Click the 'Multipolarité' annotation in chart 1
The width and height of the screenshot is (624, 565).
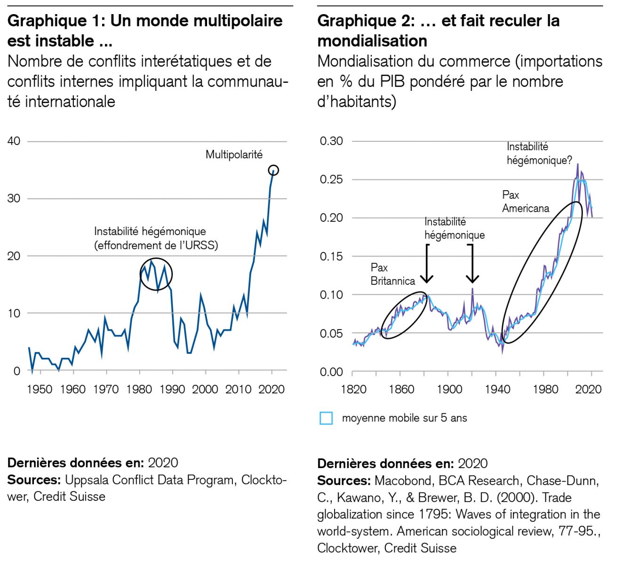234,154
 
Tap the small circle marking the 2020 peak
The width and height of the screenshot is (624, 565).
273,170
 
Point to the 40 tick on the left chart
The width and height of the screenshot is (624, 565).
14,141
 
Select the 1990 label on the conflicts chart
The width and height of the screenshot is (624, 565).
172,389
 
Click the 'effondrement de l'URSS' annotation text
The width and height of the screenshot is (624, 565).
156,245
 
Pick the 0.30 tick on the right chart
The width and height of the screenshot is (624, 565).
331,141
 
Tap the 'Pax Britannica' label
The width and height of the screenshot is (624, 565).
392,274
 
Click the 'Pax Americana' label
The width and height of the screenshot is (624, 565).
525,202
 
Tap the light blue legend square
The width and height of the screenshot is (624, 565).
326,418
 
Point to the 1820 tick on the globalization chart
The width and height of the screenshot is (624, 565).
353,389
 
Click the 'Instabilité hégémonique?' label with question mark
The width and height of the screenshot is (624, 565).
539,153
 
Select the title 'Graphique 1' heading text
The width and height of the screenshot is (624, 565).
56,21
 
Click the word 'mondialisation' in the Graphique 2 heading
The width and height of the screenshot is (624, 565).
372,41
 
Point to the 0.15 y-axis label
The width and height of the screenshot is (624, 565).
331,257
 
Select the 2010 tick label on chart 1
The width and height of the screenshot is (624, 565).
238,389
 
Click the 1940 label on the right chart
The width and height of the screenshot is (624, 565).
497,389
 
